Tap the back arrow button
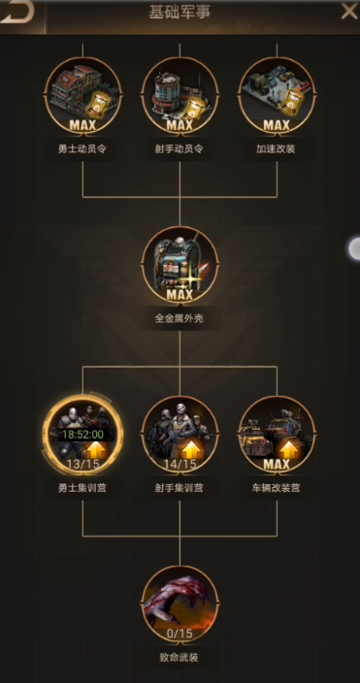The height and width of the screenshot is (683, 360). [x=18, y=12]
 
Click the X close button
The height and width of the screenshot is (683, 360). [x=348, y=12]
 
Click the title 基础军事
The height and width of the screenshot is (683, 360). [x=180, y=13]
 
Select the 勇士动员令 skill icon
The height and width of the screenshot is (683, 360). [x=82, y=94]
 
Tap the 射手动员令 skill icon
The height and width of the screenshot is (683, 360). [x=180, y=94]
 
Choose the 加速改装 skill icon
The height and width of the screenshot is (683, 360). [x=277, y=94]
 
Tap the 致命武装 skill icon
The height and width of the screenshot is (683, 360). [x=180, y=602]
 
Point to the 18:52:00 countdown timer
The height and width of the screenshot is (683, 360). [x=82, y=436]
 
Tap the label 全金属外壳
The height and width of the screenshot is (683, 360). [x=180, y=317]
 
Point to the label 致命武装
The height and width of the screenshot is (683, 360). [x=180, y=656]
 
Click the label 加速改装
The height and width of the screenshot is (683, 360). [x=277, y=148]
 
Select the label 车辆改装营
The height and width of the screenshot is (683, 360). [x=277, y=487]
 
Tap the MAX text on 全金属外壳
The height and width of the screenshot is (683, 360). [x=180, y=294]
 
